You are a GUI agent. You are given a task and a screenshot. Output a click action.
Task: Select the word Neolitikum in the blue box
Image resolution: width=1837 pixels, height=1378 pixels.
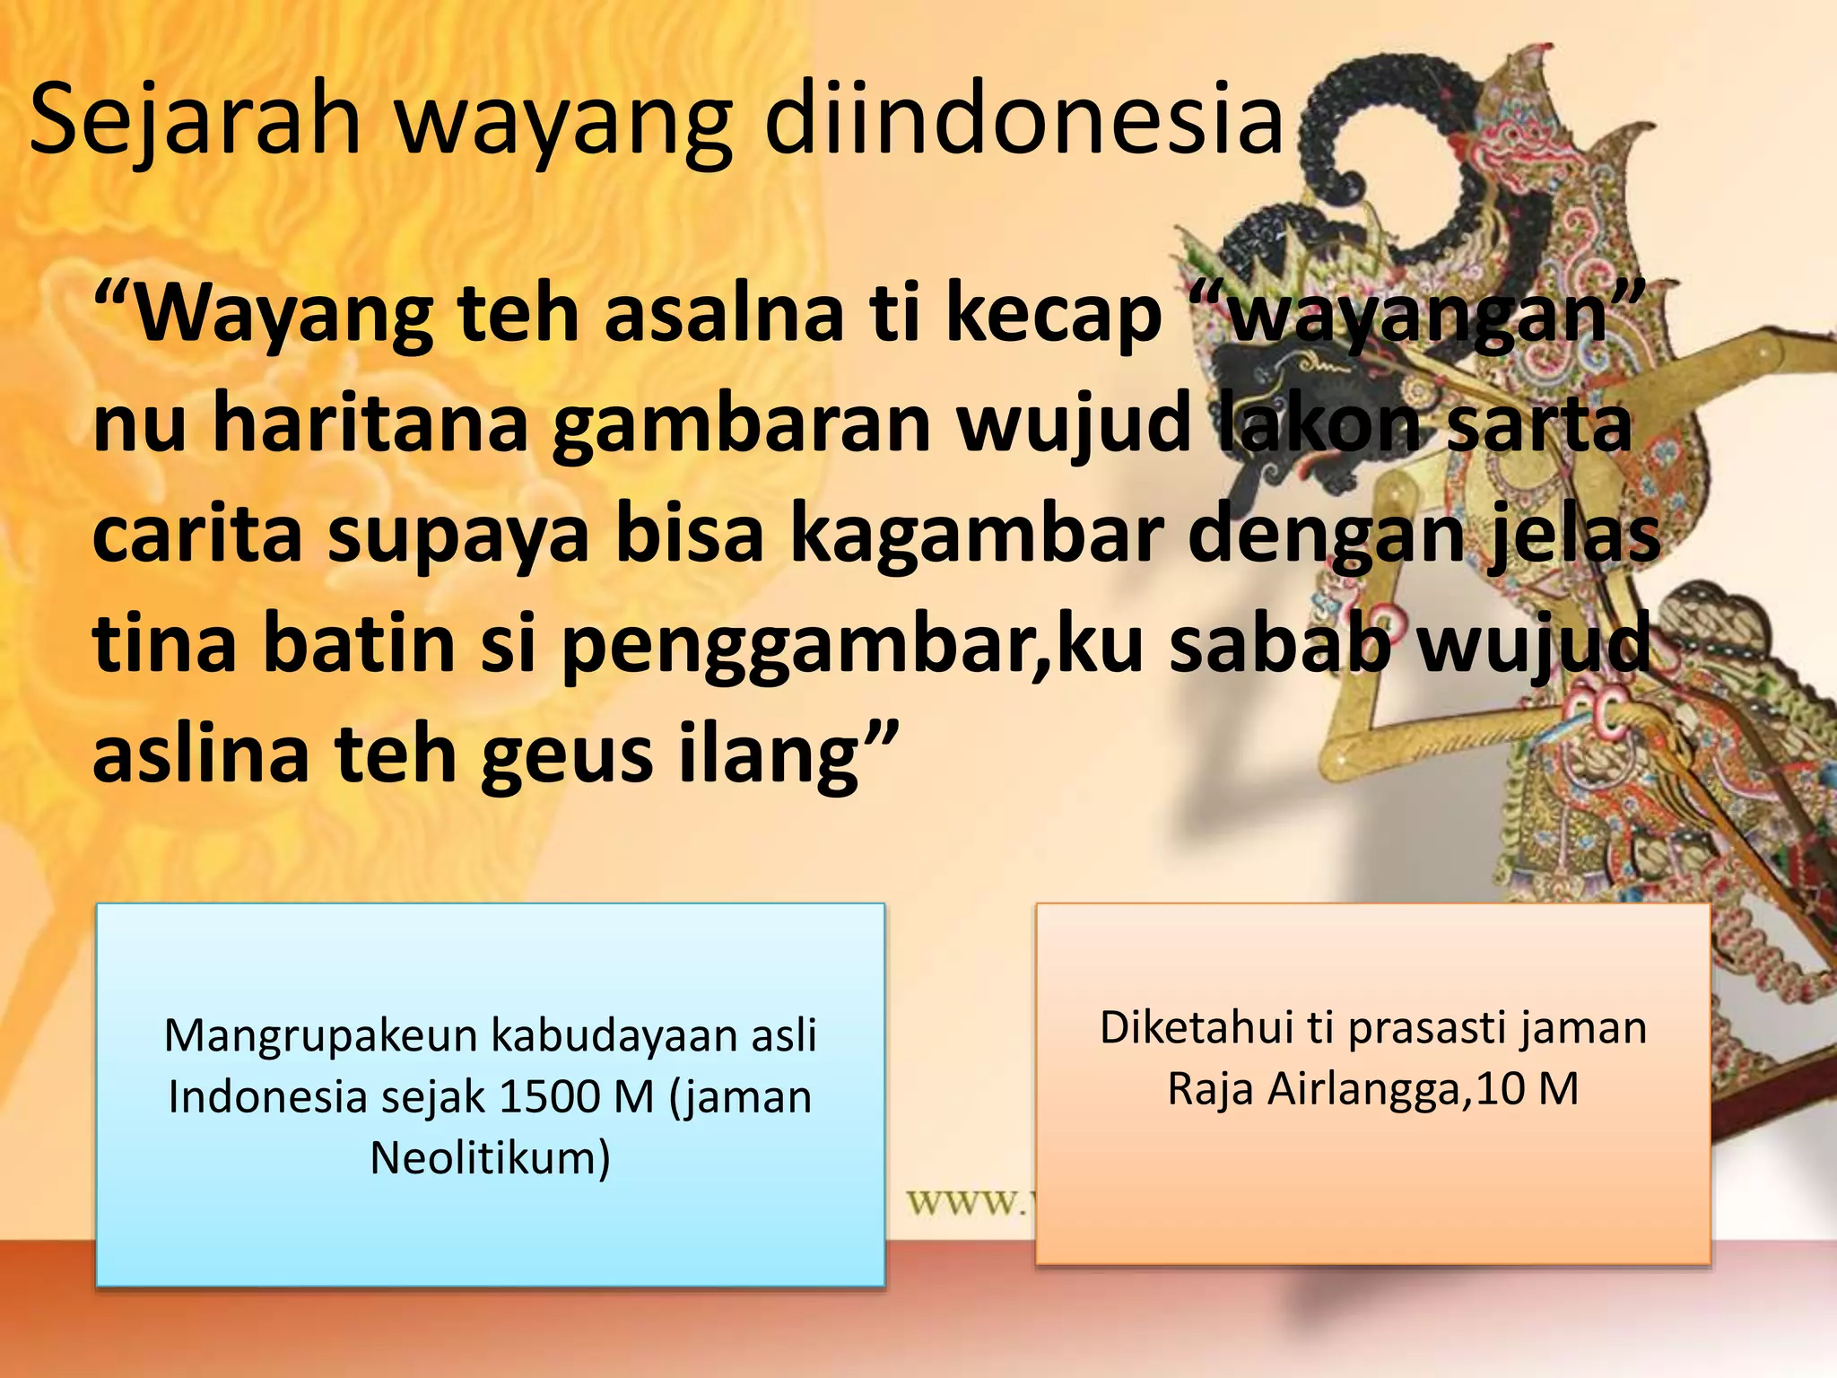click(x=490, y=1157)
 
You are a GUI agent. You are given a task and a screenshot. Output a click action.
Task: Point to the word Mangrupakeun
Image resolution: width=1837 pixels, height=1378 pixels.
click(x=322, y=1035)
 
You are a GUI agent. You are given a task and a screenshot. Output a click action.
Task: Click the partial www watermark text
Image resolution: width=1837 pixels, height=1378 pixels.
click(x=965, y=1201)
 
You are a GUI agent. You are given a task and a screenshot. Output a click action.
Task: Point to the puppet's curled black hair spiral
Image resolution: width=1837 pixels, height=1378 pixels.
click(x=1399, y=170)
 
